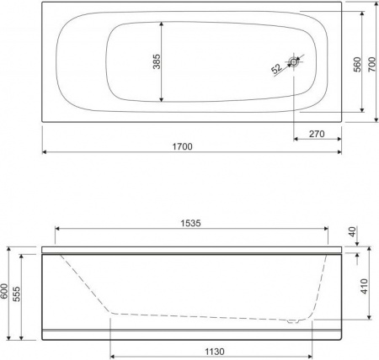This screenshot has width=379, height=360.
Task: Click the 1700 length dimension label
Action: click(x=182, y=146)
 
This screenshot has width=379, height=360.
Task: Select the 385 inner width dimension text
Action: click(x=157, y=61)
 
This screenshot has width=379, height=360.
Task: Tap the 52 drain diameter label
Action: click(x=277, y=69)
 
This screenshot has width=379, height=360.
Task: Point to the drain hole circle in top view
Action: click(x=294, y=62)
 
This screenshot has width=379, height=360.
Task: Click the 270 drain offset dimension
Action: click(x=317, y=134)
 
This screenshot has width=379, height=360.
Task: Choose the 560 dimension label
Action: click(x=357, y=65)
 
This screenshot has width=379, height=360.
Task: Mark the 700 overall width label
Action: click(x=371, y=64)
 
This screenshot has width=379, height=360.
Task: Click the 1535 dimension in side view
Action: click(x=190, y=223)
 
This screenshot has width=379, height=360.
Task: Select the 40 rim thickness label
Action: click(x=352, y=232)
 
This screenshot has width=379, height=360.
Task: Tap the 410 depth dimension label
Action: click(x=364, y=286)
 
